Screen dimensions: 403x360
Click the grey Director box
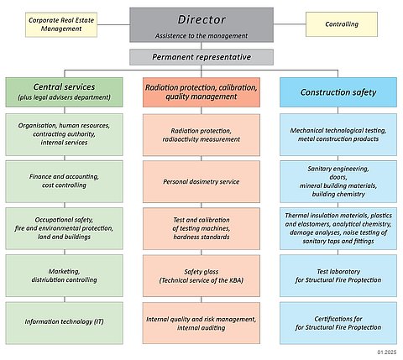[201, 25]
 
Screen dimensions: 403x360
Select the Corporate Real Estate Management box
[61, 24]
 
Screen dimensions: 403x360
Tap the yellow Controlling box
[342, 24]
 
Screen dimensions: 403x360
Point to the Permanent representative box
[201, 57]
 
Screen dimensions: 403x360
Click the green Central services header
[64, 92]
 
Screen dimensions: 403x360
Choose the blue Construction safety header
[338, 92]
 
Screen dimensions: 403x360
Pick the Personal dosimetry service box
[201, 181]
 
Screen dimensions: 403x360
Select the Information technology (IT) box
[64, 323]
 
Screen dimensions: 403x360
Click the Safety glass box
[201, 275]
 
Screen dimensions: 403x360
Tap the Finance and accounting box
[64, 181]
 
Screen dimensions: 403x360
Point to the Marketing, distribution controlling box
[64, 275]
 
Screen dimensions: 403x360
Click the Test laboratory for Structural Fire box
[338, 275]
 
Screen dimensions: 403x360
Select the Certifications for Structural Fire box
[338, 323]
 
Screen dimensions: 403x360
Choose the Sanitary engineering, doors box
[338, 181]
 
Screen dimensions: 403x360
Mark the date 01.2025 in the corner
[387, 352]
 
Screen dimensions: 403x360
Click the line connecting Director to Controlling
[290, 24]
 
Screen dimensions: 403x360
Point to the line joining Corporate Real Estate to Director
[113, 24]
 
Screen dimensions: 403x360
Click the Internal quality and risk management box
[201, 323]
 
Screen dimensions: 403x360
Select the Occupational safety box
[64, 228]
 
